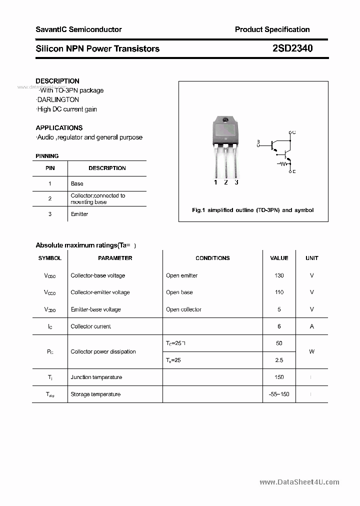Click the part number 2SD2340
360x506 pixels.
point(292,48)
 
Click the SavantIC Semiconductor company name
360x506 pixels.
point(78,29)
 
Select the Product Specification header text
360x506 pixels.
point(272,29)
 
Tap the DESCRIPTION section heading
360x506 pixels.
point(57,81)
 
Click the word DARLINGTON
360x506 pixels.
point(58,100)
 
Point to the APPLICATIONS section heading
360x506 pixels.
point(59,128)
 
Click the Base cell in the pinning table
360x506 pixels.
point(77,183)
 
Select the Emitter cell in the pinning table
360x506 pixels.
point(79,214)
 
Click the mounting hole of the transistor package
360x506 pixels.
point(225,120)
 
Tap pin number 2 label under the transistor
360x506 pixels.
point(226,182)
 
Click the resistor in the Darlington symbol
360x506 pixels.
point(283,162)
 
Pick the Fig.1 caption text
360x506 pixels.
point(252,210)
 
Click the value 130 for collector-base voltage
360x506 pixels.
point(279,275)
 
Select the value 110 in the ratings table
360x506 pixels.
point(279,292)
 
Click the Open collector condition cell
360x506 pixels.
point(183,309)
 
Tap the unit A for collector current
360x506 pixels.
point(311,326)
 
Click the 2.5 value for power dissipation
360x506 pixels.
point(279,360)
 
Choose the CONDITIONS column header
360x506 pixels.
point(212,258)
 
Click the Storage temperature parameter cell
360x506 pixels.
point(95,394)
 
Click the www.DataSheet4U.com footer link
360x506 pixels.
point(299,482)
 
